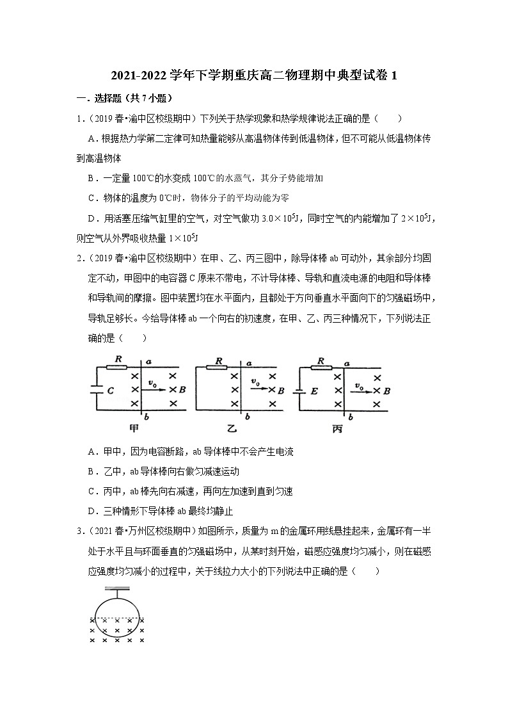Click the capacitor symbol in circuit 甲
tap(95, 389)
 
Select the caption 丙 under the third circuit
tap(338, 428)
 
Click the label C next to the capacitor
tap(110, 390)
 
